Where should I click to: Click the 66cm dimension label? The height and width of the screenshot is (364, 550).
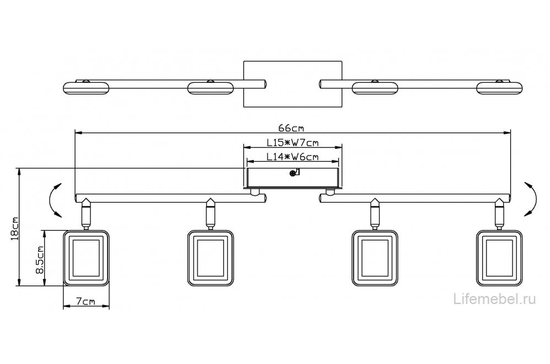coord(292,129)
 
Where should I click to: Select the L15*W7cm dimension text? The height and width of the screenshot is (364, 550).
coord(292,143)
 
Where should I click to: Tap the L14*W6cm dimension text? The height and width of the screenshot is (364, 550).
coord(292,157)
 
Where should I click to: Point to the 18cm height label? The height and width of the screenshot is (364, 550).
coord(14,229)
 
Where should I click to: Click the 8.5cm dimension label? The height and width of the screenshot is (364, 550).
coord(39,260)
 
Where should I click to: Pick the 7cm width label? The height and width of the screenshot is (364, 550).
coord(86,301)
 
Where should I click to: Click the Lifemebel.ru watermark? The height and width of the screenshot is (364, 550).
coord(495,299)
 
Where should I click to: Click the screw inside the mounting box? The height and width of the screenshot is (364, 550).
coord(292,173)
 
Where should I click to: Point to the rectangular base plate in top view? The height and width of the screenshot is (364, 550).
coord(292,84)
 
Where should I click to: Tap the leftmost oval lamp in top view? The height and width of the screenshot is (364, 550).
coord(86,88)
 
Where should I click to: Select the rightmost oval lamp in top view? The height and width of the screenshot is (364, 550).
coord(499,88)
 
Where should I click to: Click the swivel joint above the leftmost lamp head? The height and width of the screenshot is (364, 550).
coord(86,213)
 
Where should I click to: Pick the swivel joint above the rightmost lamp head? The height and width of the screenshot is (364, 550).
coord(499,213)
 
